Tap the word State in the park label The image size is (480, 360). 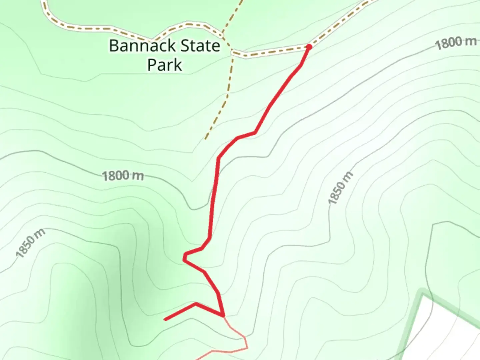(x=200, y=46)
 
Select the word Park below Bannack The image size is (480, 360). (x=165, y=65)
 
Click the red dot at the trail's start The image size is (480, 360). (x=309, y=47)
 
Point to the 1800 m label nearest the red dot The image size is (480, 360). (x=456, y=42)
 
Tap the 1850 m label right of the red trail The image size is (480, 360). (x=340, y=188)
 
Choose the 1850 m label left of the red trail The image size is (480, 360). (x=30, y=243)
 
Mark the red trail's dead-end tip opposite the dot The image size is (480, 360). (x=165, y=320)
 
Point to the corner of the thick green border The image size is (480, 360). (x=422, y=294)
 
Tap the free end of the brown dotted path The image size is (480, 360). (x=206, y=139)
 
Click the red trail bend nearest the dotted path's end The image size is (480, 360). (x=237, y=137)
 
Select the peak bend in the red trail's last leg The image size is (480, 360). (x=196, y=303)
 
